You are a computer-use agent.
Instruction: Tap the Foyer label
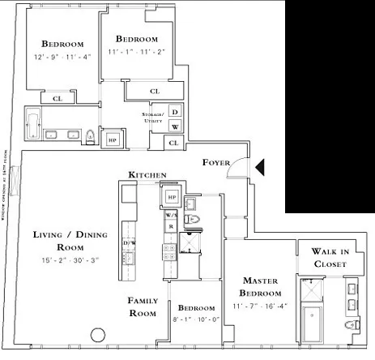click(218, 161)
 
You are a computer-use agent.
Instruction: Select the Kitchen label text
click(147, 175)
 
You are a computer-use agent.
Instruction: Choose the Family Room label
click(143, 306)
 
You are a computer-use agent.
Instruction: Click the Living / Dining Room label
click(60, 240)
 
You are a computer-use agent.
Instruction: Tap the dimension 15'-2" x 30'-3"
click(60, 260)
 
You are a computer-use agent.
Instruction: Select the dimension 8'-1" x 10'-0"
click(196, 319)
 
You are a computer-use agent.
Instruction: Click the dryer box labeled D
click(175, 112)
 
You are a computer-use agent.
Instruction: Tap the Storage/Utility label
click(152, 119)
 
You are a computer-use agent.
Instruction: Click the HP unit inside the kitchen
click(171, 196)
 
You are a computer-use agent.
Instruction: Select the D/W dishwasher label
click(128, 242)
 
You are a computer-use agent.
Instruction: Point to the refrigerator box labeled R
click(171, 227)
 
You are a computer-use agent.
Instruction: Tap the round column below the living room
click(98, 333)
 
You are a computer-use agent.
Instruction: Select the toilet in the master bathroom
click(348, 325)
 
